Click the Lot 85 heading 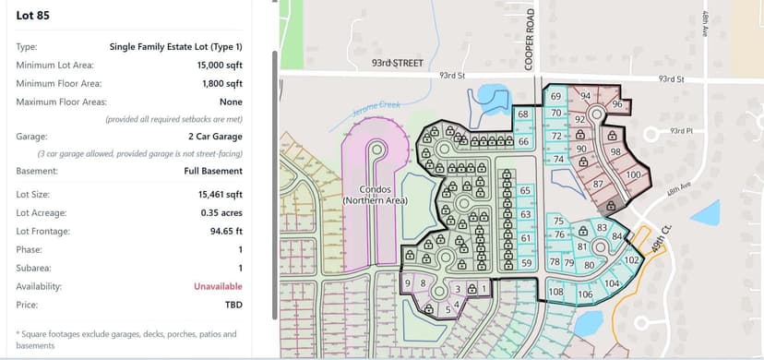(x=34, y=15)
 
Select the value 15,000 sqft (x=220, y=66)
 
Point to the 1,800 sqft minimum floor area (x=221, y=84)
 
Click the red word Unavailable (x=218, y=286)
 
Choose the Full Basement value (x=213, y=171)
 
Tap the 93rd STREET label (x=397, y=63)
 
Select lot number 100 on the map (x=633, y=174)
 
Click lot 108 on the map (x=555, y=292)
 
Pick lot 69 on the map (x=555, y=96)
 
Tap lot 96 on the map (x=616, y=104)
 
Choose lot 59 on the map (x=526, y=263)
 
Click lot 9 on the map (x=408, y=282)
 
